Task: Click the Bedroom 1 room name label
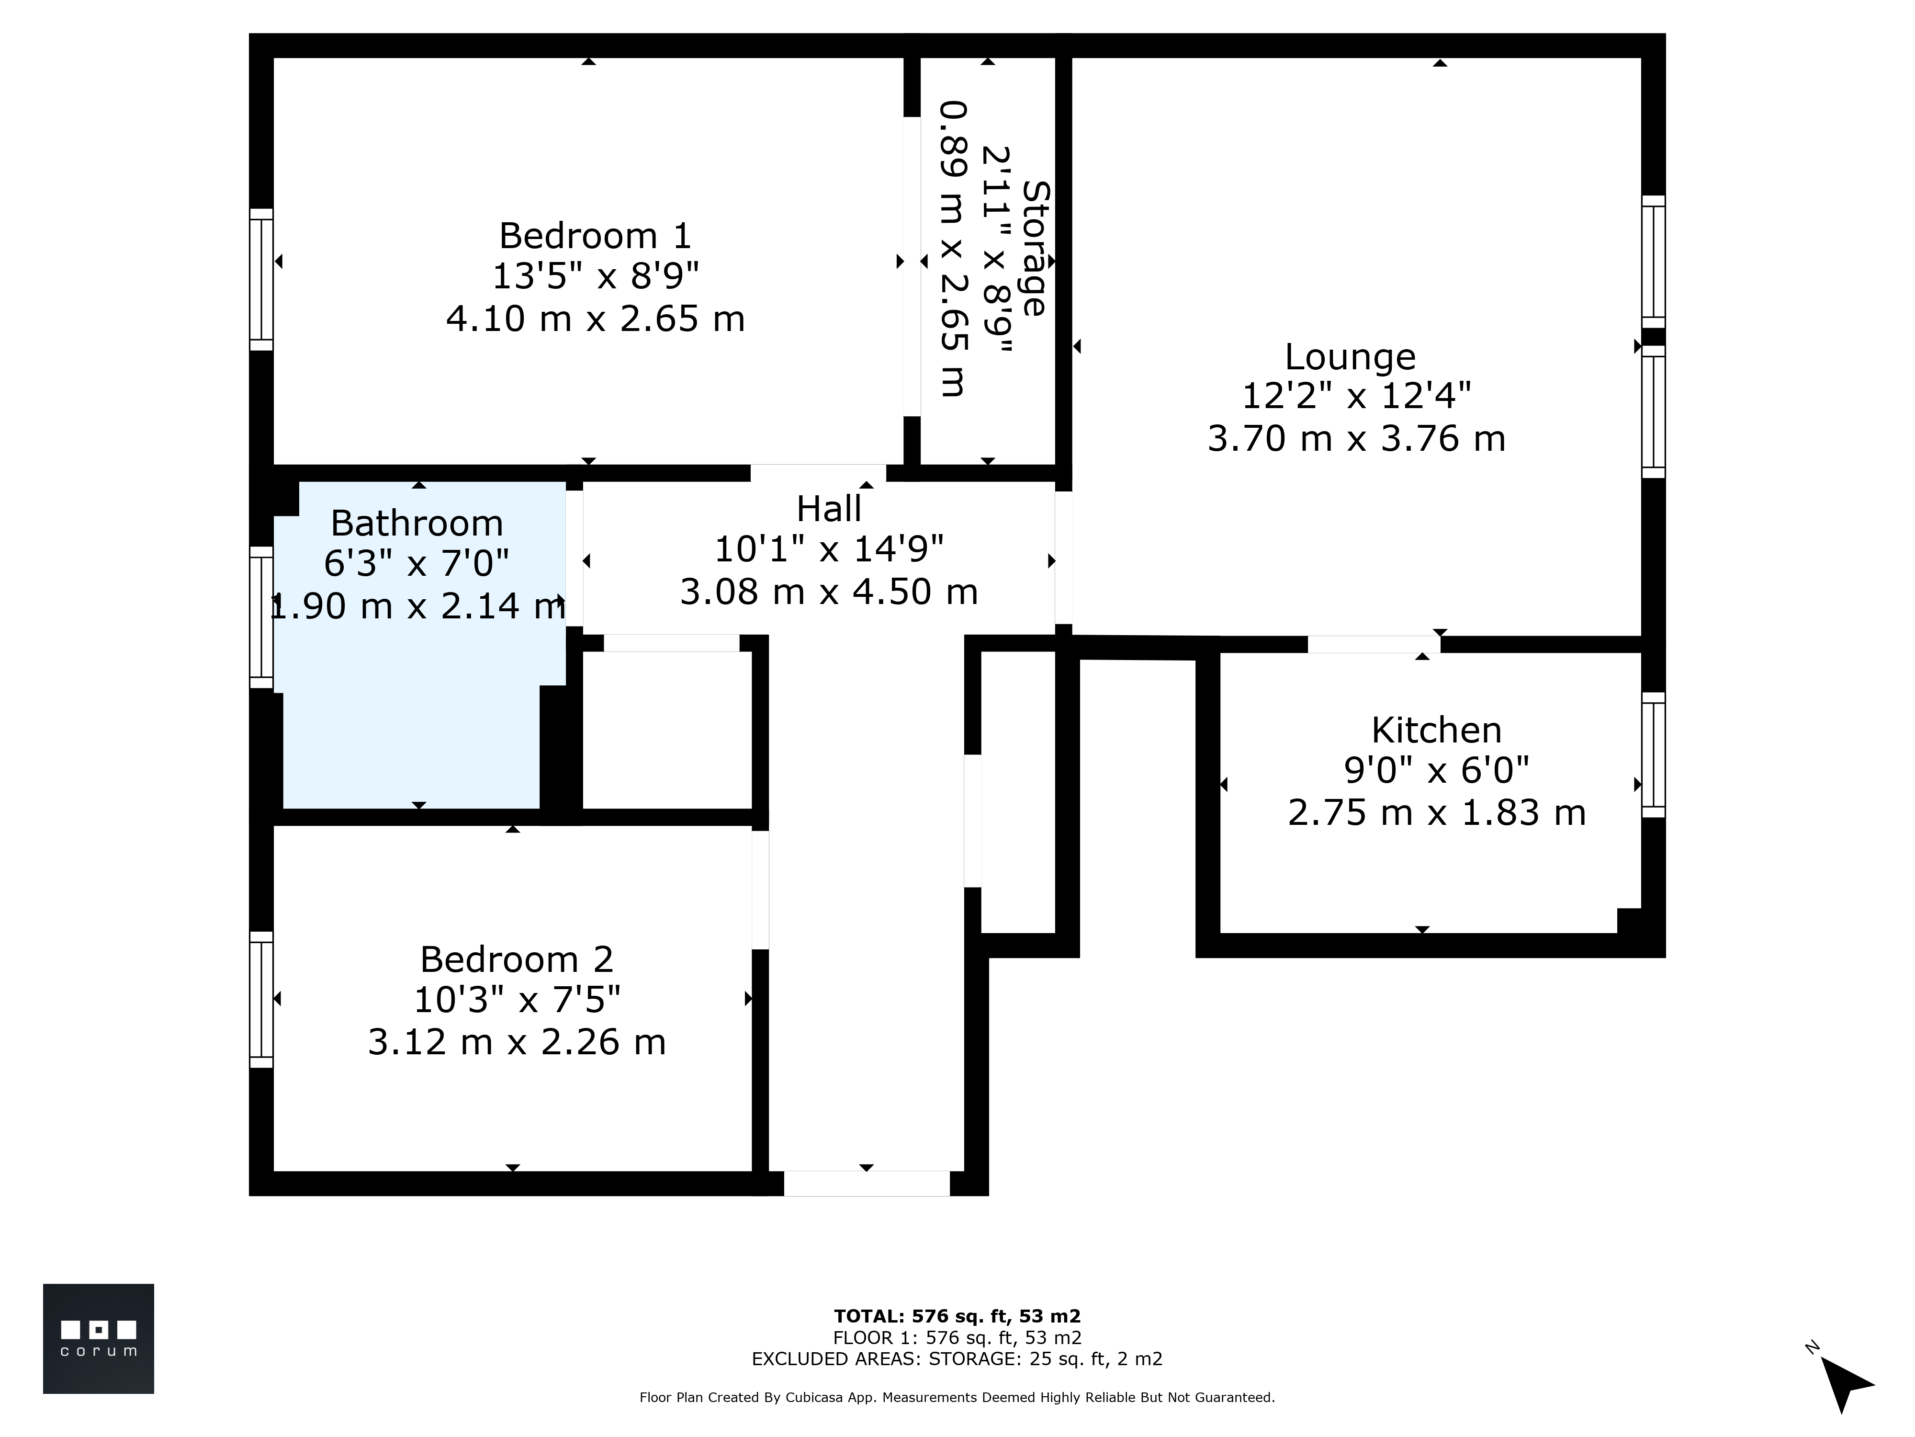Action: (x=596, y=236)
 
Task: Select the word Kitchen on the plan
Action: (x=1436, y=730)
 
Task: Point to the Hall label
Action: (x=829, y=508)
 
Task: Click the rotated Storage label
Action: (x=1036, y=249)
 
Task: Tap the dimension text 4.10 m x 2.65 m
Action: (x=596, y=319)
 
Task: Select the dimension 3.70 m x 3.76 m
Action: (x=1357, y=438)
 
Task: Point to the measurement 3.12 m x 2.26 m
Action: (x=517, y=1041)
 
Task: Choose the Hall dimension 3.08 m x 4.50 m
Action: (x=829, y=592)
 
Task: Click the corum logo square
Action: (x=99, y=1338)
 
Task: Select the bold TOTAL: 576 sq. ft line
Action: (x=957, y=1317)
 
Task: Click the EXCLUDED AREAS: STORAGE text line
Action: (x=957, y=1358)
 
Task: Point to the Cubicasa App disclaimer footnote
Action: (x=957, y=1397)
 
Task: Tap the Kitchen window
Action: (x=1654, y=754)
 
